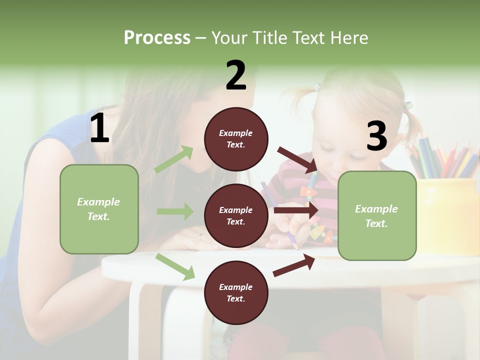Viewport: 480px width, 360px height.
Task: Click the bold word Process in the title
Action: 157,38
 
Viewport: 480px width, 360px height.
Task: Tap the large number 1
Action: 99,129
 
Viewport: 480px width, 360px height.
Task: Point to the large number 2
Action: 236,75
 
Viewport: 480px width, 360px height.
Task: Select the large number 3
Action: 376,136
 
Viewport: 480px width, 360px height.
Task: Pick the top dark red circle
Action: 236,139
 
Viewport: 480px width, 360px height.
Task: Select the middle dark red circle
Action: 236,215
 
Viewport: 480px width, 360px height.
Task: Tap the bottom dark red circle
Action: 236,292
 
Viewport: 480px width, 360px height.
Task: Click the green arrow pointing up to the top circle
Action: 174,159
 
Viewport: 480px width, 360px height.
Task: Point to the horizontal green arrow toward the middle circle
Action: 175,211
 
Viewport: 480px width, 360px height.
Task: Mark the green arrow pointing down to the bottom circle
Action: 175,266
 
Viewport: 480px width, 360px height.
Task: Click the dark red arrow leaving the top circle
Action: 297,160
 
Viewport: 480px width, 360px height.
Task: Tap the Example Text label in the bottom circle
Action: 236,293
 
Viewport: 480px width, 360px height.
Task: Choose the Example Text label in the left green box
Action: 98,209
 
